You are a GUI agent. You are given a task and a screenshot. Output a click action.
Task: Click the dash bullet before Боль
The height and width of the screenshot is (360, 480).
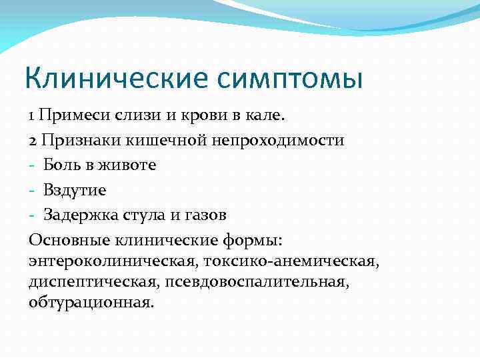click(x=32, y=165)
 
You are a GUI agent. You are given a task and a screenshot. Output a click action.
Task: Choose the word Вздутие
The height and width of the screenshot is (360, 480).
click(x=75, y=190)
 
